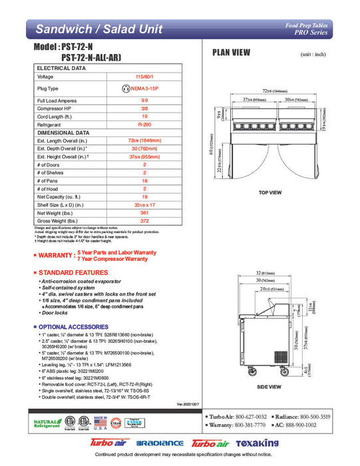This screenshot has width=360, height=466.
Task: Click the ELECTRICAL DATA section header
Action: [61, 69]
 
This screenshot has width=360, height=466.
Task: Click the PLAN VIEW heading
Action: [231, 53]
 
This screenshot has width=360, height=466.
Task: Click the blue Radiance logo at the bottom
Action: [160, 443]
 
